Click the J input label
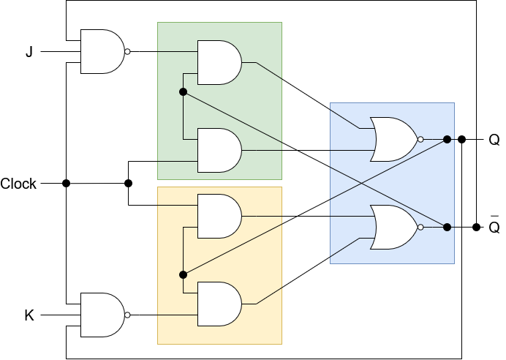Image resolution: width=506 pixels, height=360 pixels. (x=29, y=52)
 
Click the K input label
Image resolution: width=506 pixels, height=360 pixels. (x=29, y=315)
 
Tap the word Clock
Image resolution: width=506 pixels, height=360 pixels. (x=18, y=184)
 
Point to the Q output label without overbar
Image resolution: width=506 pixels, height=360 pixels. (x=494, y=140)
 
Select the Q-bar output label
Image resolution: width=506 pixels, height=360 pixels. (x=494, y=225)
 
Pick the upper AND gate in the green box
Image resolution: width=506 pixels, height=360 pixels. (x=219, y=63)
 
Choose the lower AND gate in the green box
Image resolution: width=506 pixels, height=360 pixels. (x=219, y=151)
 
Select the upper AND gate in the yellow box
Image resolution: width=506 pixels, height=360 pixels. (x=219, y=217)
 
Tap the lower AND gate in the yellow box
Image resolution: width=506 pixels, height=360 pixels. (x=219, y=304)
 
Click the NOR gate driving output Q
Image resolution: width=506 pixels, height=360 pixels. (x=396, y=140)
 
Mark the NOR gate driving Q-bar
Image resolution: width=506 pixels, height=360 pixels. (x=396, y=228)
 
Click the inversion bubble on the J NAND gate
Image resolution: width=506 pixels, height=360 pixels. (x=127, y=52)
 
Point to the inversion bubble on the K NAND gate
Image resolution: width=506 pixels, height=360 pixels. (x=127, y=315)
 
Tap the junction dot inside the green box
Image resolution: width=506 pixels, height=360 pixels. (x=183, y=92)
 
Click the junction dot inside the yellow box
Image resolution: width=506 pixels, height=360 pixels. (x=183, y=275)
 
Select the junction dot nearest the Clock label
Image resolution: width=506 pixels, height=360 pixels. (x=66, y=184)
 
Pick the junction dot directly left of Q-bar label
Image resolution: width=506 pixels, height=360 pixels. (x=476, y=228)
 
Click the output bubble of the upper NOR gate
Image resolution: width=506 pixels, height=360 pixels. (x=420, y=140)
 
